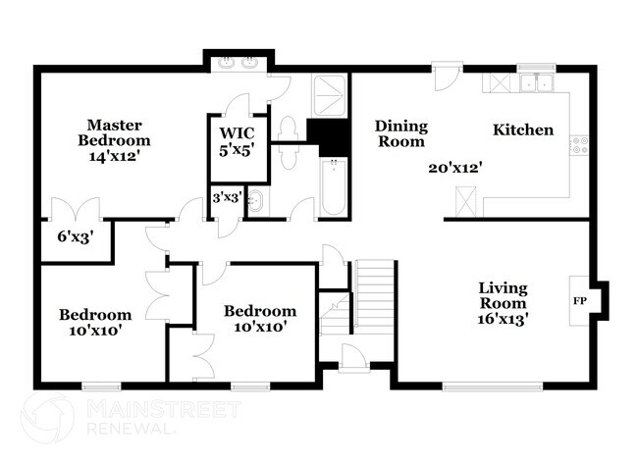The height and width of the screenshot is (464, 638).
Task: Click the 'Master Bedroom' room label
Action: [x=115, y=131]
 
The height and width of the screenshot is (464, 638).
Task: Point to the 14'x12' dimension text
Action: [x=116, y=155]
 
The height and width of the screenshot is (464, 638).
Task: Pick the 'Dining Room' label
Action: [x=400, y=133]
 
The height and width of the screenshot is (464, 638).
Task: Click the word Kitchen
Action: [x=522, y=130]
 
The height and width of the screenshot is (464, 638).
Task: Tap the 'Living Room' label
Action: [x=503, y=295]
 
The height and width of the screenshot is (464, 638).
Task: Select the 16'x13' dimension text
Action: [x=504, y=319]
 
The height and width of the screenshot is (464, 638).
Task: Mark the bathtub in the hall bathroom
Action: [x=334, y=186]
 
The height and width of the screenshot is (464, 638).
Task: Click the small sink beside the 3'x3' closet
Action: [x=256, y=203]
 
